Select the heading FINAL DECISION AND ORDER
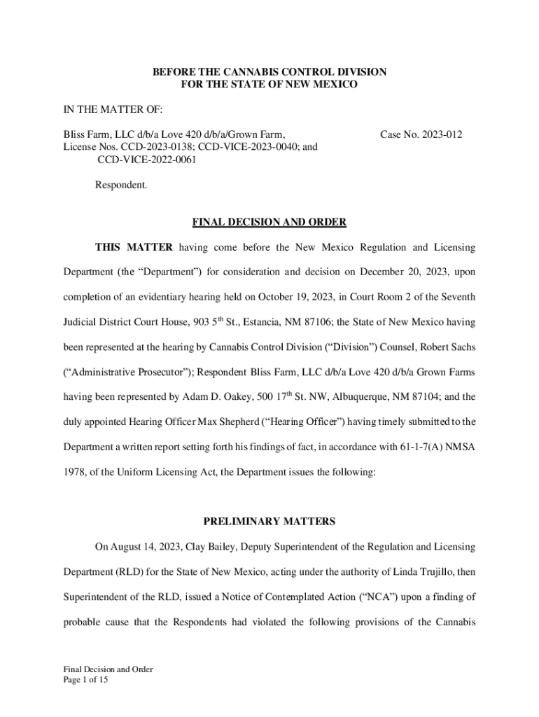click(269, 223)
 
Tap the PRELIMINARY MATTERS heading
click(269, 522)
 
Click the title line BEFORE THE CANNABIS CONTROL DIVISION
click(269, 72)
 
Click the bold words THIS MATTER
click(134, 248)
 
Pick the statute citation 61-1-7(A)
click(400, 447)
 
